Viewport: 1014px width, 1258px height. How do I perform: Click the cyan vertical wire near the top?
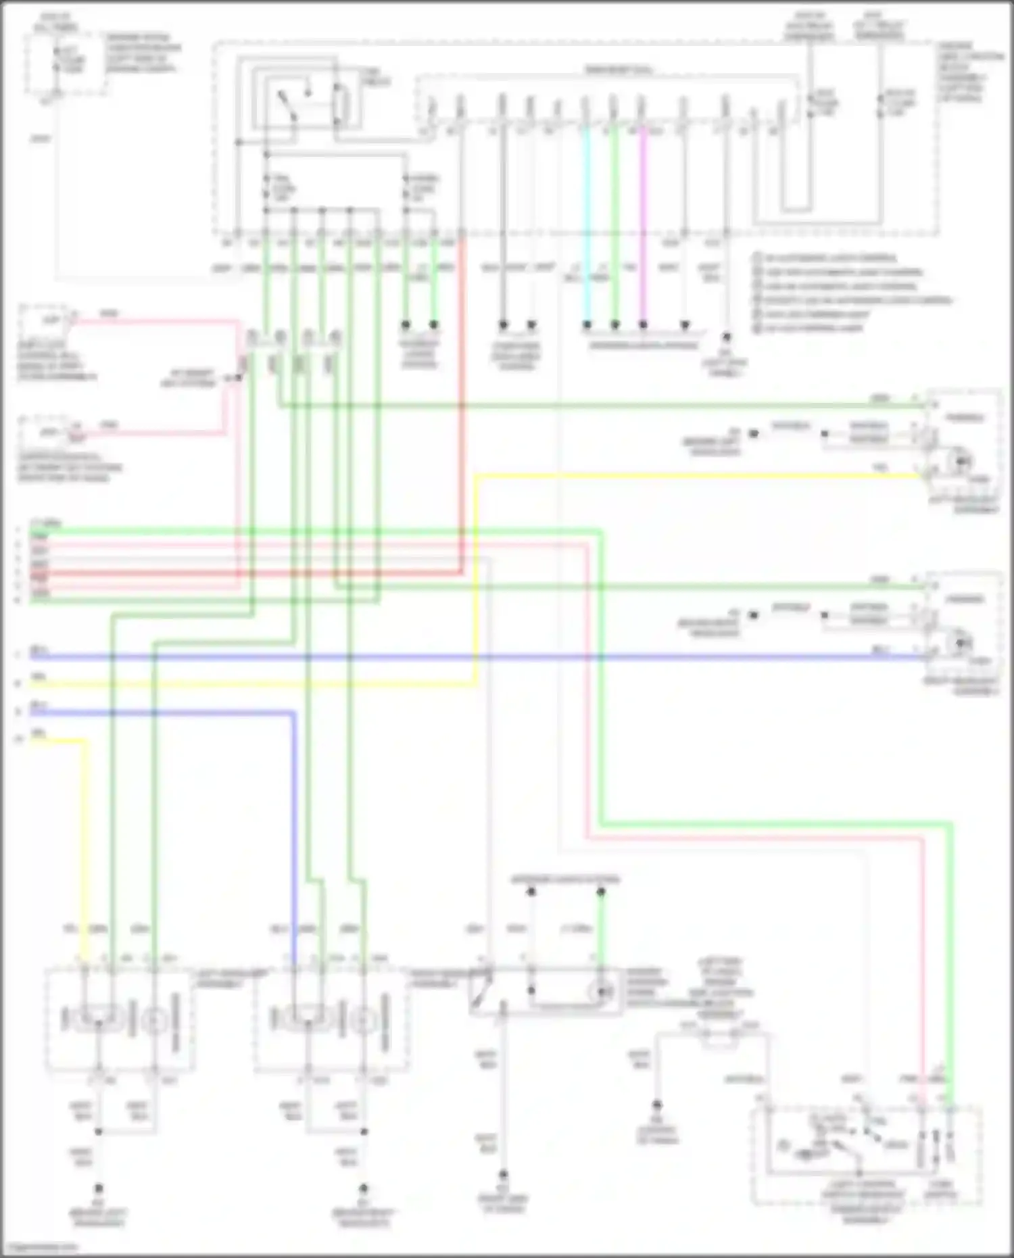pos(586,223)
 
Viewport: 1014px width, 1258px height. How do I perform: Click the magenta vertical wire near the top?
pos(643,223)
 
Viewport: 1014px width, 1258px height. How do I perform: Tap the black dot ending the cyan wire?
pos(587,325)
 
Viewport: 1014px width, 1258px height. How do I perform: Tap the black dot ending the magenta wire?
pos(643,325)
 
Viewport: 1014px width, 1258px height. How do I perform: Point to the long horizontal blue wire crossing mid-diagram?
pos(473,656)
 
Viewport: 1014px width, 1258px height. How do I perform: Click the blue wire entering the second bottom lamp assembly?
pos(294,845)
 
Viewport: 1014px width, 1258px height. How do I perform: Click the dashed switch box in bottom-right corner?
pos(865,1156)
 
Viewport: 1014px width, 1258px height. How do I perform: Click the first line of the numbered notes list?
pos(828,258)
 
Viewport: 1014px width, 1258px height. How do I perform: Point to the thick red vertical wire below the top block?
pos(462,406)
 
